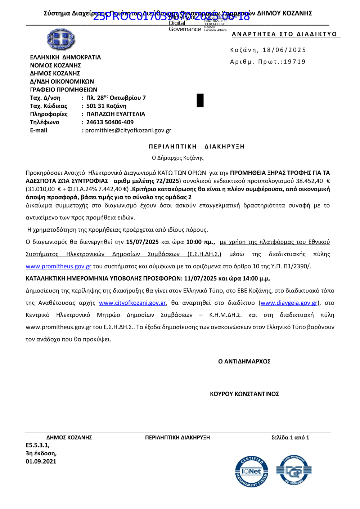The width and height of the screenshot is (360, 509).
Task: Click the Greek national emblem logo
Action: click(60, 39)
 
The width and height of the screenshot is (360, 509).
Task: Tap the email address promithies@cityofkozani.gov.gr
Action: click(128, 130)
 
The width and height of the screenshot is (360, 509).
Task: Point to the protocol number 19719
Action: click(294, 62)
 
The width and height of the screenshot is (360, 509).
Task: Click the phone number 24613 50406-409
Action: click(110, 122)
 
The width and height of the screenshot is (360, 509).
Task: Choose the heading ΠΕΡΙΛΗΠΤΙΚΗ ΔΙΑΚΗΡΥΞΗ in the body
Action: click(197, 147)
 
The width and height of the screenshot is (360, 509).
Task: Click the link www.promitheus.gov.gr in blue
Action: click(58, 266)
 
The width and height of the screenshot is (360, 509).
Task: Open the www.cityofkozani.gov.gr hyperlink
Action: click(132, 303)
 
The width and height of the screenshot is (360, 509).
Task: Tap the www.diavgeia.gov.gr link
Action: click(289, 303)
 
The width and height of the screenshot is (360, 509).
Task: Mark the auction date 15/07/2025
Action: click(142, 242)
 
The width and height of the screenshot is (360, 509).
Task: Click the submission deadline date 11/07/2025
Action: click(200, 278)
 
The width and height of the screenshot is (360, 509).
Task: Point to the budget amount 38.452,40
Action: click(309, 181)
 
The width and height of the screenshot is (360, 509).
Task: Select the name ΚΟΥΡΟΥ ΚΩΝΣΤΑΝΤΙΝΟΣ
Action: click(244, 394)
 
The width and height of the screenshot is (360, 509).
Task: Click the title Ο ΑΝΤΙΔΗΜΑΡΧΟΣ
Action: click(244, 361)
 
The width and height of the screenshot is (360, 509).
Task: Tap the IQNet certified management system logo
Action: click(252, 471)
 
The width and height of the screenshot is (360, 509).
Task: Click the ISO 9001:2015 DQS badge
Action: click(294, 470)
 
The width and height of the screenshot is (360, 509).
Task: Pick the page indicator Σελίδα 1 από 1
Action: click(290, 437)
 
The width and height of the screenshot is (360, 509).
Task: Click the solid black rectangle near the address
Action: click(200, 101)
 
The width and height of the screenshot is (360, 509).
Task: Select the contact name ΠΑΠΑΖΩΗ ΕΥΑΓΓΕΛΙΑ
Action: click(116, 114)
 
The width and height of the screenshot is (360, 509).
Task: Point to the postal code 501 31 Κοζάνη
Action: click(106, 106)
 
